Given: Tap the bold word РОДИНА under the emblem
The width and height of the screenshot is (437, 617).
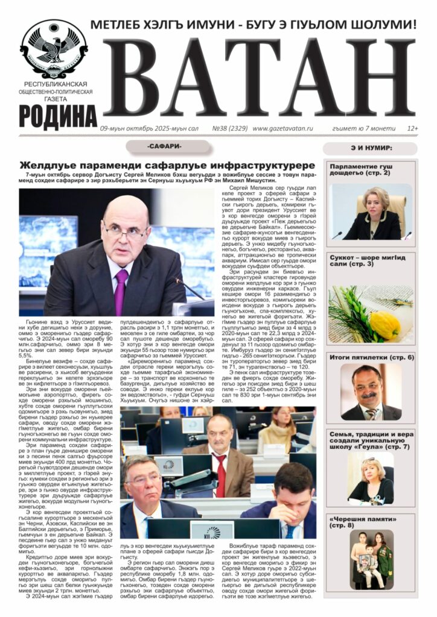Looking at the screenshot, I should click(57, 115).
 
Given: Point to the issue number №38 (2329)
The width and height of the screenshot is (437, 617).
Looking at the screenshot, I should click(229, 128).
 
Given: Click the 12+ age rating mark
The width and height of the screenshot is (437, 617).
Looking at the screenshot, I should click(413, 128).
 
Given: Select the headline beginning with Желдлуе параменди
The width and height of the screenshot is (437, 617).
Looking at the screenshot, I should click(167, 165).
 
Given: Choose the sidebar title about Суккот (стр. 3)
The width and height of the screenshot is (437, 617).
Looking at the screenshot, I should click(360, 260).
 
